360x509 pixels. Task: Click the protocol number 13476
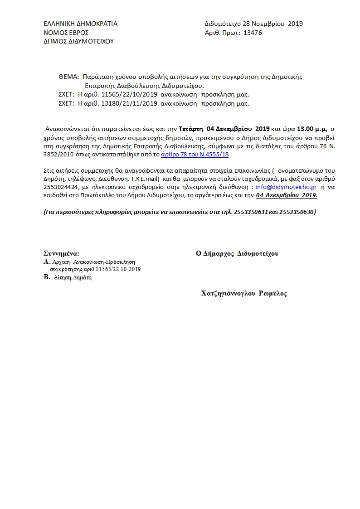pos(253,33)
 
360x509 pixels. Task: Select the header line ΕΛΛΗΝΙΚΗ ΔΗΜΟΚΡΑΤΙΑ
pos(80,24)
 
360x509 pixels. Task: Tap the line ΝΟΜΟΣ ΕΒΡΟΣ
pos(66,33)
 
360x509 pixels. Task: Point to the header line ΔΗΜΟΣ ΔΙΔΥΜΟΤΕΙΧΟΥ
pos(78,41)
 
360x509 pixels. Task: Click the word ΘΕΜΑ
pos(68,77)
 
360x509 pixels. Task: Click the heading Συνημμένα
pos(61,253)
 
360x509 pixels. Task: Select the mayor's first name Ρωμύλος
pos(273,293)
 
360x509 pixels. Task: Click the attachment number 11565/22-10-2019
pos(118,269)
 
